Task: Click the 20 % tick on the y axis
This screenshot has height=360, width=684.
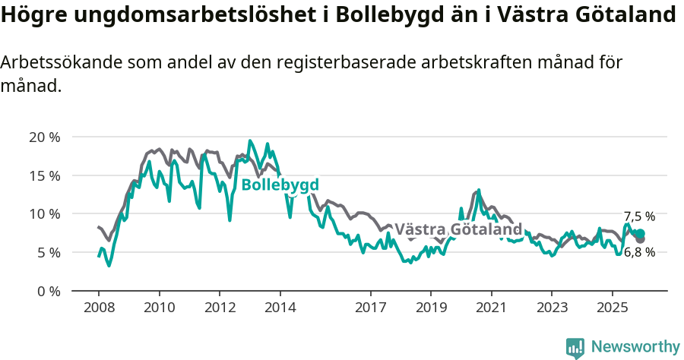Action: pyautogui.click(x=44, y=137)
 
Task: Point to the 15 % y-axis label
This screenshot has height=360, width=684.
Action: pyautogui.click(x=44, y=175)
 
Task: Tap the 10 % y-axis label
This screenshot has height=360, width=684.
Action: pyautogui.click(x=44, y=214)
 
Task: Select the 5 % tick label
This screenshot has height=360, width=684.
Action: pyautogui.click(x=48, y=252)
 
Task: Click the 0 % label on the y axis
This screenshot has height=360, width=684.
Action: pyautogui.click(x=48, y=291)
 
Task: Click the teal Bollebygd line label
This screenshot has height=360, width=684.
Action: pyautogui.click(x=280, y=185)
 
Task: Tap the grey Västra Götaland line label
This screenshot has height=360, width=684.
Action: pyautogui.click(x=458, y=229)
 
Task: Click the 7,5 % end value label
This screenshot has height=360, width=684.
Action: pyautogui.click(x=639, y=216)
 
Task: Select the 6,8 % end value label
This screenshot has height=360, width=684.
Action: pyautogui.click(x=639, y=253)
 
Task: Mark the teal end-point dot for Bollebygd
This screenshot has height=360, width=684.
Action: pyautogui.click(x=641, y=233)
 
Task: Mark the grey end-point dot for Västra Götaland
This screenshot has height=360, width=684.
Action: pyautogui.click(x=641, y=239)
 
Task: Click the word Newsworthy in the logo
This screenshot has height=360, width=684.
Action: pyautogui.click(x=635, y=346)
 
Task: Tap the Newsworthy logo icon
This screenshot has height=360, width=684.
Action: pyautogui.click(x=575, y=347)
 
